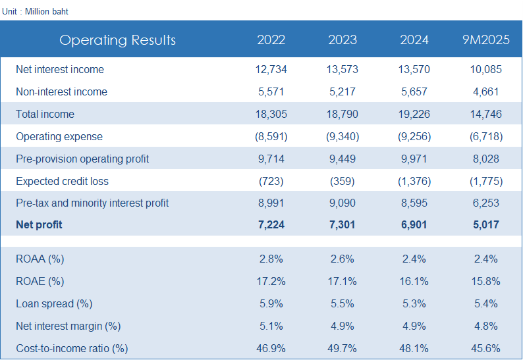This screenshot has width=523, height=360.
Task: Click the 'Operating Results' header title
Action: click(117, 40)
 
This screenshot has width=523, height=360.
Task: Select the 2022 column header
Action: click(271, 40)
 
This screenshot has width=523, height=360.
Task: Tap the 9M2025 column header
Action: click(486, 40)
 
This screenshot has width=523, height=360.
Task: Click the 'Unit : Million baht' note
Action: click(35, 11)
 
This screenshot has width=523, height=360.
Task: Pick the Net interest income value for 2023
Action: click(342, 69)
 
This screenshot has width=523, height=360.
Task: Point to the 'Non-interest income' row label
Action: click(61, 91)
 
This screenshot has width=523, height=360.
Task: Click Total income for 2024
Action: click(414, 114)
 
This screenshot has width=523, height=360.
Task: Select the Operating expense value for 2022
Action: click(271, 136)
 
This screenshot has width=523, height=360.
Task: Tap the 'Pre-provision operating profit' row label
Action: click(82, 159)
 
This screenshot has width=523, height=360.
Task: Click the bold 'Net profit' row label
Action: click(39, 224)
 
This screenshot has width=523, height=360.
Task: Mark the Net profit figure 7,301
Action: click(342, 224)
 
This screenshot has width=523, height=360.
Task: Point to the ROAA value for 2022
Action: click(271, 259)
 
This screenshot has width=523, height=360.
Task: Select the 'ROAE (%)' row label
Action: click(40, 281)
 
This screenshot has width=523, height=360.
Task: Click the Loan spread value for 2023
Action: click(342, 303)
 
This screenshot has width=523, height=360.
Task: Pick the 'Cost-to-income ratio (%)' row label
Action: click(72, 348)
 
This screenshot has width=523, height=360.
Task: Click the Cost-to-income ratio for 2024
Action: click(414, 348)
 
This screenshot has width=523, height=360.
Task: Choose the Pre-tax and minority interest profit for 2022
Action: click(271, 203)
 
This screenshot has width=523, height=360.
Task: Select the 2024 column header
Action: click(414, 40)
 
